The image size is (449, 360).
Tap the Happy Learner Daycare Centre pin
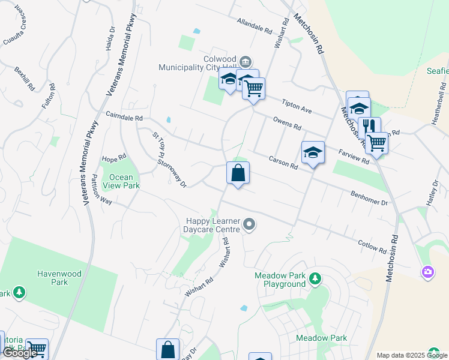(x=250, y=225)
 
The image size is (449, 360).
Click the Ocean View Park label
(x=121, y=181)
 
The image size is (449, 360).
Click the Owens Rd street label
(x=286, y=124)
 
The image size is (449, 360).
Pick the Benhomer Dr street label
(x=369, y=199)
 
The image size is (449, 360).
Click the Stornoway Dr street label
(x=172, y=169)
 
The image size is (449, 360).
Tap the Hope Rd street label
(x=114, y=158)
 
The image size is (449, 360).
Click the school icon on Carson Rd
(x=313, y=153)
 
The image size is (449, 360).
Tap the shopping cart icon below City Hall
(x=254, y=88)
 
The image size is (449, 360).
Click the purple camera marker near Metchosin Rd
(x=427, y=272)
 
